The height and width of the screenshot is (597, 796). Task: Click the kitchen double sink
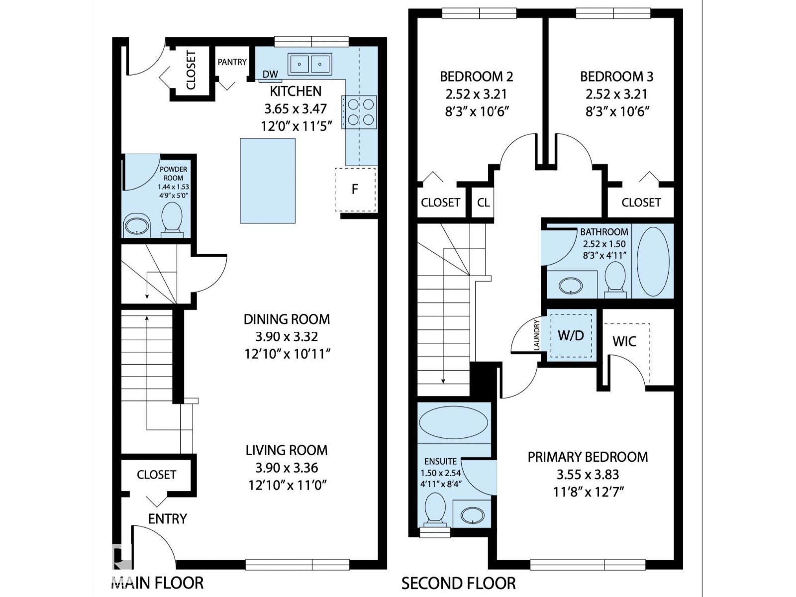(x=310, y=64)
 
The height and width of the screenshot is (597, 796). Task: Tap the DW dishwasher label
(x=270, y=74)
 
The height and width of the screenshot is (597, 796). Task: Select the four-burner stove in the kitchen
(x=359, y=112)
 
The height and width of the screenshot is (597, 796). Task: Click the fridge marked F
(x=355, y=190)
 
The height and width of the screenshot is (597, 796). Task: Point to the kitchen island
(x=268, y=181)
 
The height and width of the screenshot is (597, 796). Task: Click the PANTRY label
(x=232, y=62)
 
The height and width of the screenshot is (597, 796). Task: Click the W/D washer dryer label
(x=571, y=336)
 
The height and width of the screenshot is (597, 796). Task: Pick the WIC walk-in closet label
(x=624, y=341)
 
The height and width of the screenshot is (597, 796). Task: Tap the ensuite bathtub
(x=453, y=422)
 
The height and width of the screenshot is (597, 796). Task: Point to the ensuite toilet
(x=435, y=510)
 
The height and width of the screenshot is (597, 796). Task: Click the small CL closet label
(x=483, y=202)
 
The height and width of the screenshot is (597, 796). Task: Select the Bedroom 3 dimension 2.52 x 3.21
(x=616, y=94)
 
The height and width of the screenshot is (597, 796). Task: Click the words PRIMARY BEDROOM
(x=588, y=457)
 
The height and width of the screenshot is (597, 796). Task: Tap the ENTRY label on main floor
(x=168, y=519)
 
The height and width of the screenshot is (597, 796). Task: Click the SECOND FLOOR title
(x=458, y=584)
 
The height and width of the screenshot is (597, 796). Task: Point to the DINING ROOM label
(x=287, y=319)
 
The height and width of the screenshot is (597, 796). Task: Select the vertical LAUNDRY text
(x=537, y=334)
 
